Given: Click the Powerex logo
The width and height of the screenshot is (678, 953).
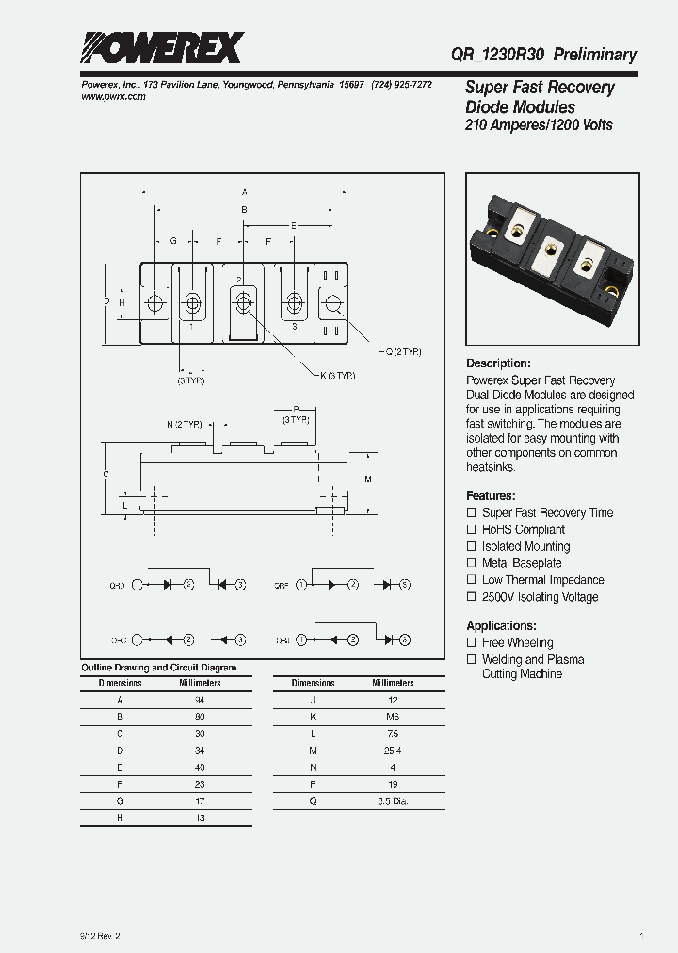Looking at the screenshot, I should [x=161, y=48].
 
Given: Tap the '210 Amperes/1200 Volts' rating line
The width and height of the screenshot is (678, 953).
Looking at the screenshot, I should [x=539, y=125].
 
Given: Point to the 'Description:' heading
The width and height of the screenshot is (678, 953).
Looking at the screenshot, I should [x=499, y=363].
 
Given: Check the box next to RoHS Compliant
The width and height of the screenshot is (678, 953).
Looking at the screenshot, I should [x=472, y=529].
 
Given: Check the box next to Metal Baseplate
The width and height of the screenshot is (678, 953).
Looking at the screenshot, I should [x=472, y=563].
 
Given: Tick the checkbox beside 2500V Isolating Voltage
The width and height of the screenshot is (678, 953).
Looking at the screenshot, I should [x=472, y=597].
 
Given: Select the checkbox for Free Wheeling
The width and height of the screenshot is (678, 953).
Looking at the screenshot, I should [x=472, y=642].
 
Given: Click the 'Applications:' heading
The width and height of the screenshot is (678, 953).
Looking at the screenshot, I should [x=501, y=625].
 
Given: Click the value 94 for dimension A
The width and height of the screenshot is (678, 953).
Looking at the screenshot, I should [x=200, y=700].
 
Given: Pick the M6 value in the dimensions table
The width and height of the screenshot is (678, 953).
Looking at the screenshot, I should [x=393, y=717].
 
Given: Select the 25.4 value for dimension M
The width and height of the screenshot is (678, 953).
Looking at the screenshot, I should [x=393, y=751].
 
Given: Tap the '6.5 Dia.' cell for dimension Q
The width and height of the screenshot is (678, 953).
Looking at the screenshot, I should [x=393, y=801].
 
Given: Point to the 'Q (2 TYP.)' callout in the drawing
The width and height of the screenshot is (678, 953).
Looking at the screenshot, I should [x=402, y=351].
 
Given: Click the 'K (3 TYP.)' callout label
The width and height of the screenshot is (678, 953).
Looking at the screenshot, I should [x=337, y=376].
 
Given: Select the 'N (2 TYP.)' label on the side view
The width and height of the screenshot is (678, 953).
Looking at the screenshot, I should [x=185, y=424].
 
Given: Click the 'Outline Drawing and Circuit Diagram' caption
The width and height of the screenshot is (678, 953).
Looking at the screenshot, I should [x=158, y=667].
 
